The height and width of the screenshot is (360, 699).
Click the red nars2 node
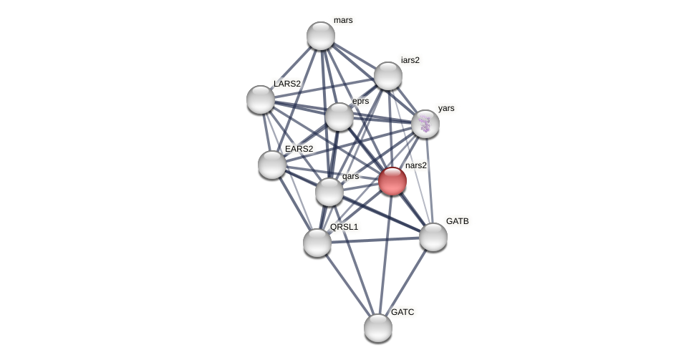point(392,181)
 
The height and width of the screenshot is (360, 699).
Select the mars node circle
point(321,36)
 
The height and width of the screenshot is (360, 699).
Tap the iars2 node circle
point(388,76)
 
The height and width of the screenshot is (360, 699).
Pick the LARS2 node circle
point(261,99)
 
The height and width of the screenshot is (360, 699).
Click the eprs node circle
point(339,117)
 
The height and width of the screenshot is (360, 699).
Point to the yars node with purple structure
point(425,124)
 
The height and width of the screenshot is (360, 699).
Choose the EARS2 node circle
point(272,165)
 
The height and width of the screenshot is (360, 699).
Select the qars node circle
point(329,192)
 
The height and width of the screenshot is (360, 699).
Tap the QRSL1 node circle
point(317,243)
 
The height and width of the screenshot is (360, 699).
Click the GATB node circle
point(433,237)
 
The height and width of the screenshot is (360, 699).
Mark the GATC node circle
point(378,328)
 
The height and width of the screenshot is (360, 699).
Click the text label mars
point(343,20)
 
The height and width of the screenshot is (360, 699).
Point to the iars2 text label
point(410,60)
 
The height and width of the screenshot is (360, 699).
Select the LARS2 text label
point(287,84)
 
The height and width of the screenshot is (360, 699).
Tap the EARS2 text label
point(299,149)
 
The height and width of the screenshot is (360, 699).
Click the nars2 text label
point(416,165)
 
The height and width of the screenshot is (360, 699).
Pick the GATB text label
point(458,221)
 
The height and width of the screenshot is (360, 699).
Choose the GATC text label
point(402,312)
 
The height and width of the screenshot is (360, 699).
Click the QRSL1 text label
point(344,227)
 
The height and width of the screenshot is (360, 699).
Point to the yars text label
point(446,108)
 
